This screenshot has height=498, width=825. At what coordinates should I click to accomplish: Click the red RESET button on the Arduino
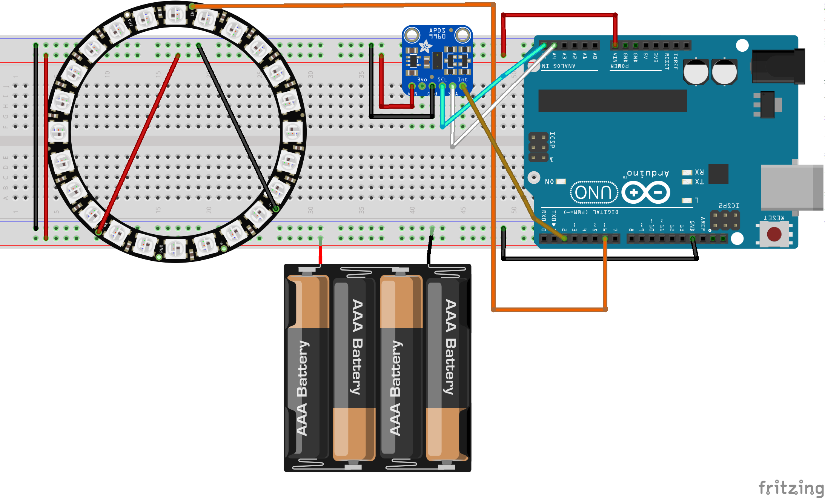coord(774,234)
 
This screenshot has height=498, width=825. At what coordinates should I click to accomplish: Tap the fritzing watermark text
coord(791,487)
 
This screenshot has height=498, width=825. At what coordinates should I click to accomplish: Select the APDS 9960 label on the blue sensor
coord(437,33)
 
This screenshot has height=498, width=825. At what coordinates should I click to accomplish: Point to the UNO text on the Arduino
coord(593,192)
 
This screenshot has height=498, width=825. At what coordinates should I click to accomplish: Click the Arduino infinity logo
coord(646,192)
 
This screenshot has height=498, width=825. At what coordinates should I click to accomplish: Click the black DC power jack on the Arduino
coord(778,66)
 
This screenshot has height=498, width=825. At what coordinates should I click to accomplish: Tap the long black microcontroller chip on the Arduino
coord(612,101)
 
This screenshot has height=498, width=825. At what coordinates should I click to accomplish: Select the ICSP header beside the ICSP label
coord(538,147)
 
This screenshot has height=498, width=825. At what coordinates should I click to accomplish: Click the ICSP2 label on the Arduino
coord(729,206)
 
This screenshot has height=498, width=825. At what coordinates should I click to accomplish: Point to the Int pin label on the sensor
coord(462,80)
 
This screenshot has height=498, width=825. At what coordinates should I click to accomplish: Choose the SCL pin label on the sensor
coord(442,80)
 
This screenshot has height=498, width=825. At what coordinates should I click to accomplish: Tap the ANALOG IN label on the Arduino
coord(558,66)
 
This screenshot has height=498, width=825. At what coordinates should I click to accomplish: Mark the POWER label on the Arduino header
coord(619,66)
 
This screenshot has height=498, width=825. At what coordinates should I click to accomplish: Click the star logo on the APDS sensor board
coord(426,46)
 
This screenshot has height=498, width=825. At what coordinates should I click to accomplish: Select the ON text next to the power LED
coord(549,182)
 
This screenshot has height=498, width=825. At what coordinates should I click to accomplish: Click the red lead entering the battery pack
coord(320,255)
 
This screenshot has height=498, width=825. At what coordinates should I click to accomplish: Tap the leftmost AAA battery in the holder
coord(307,368)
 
